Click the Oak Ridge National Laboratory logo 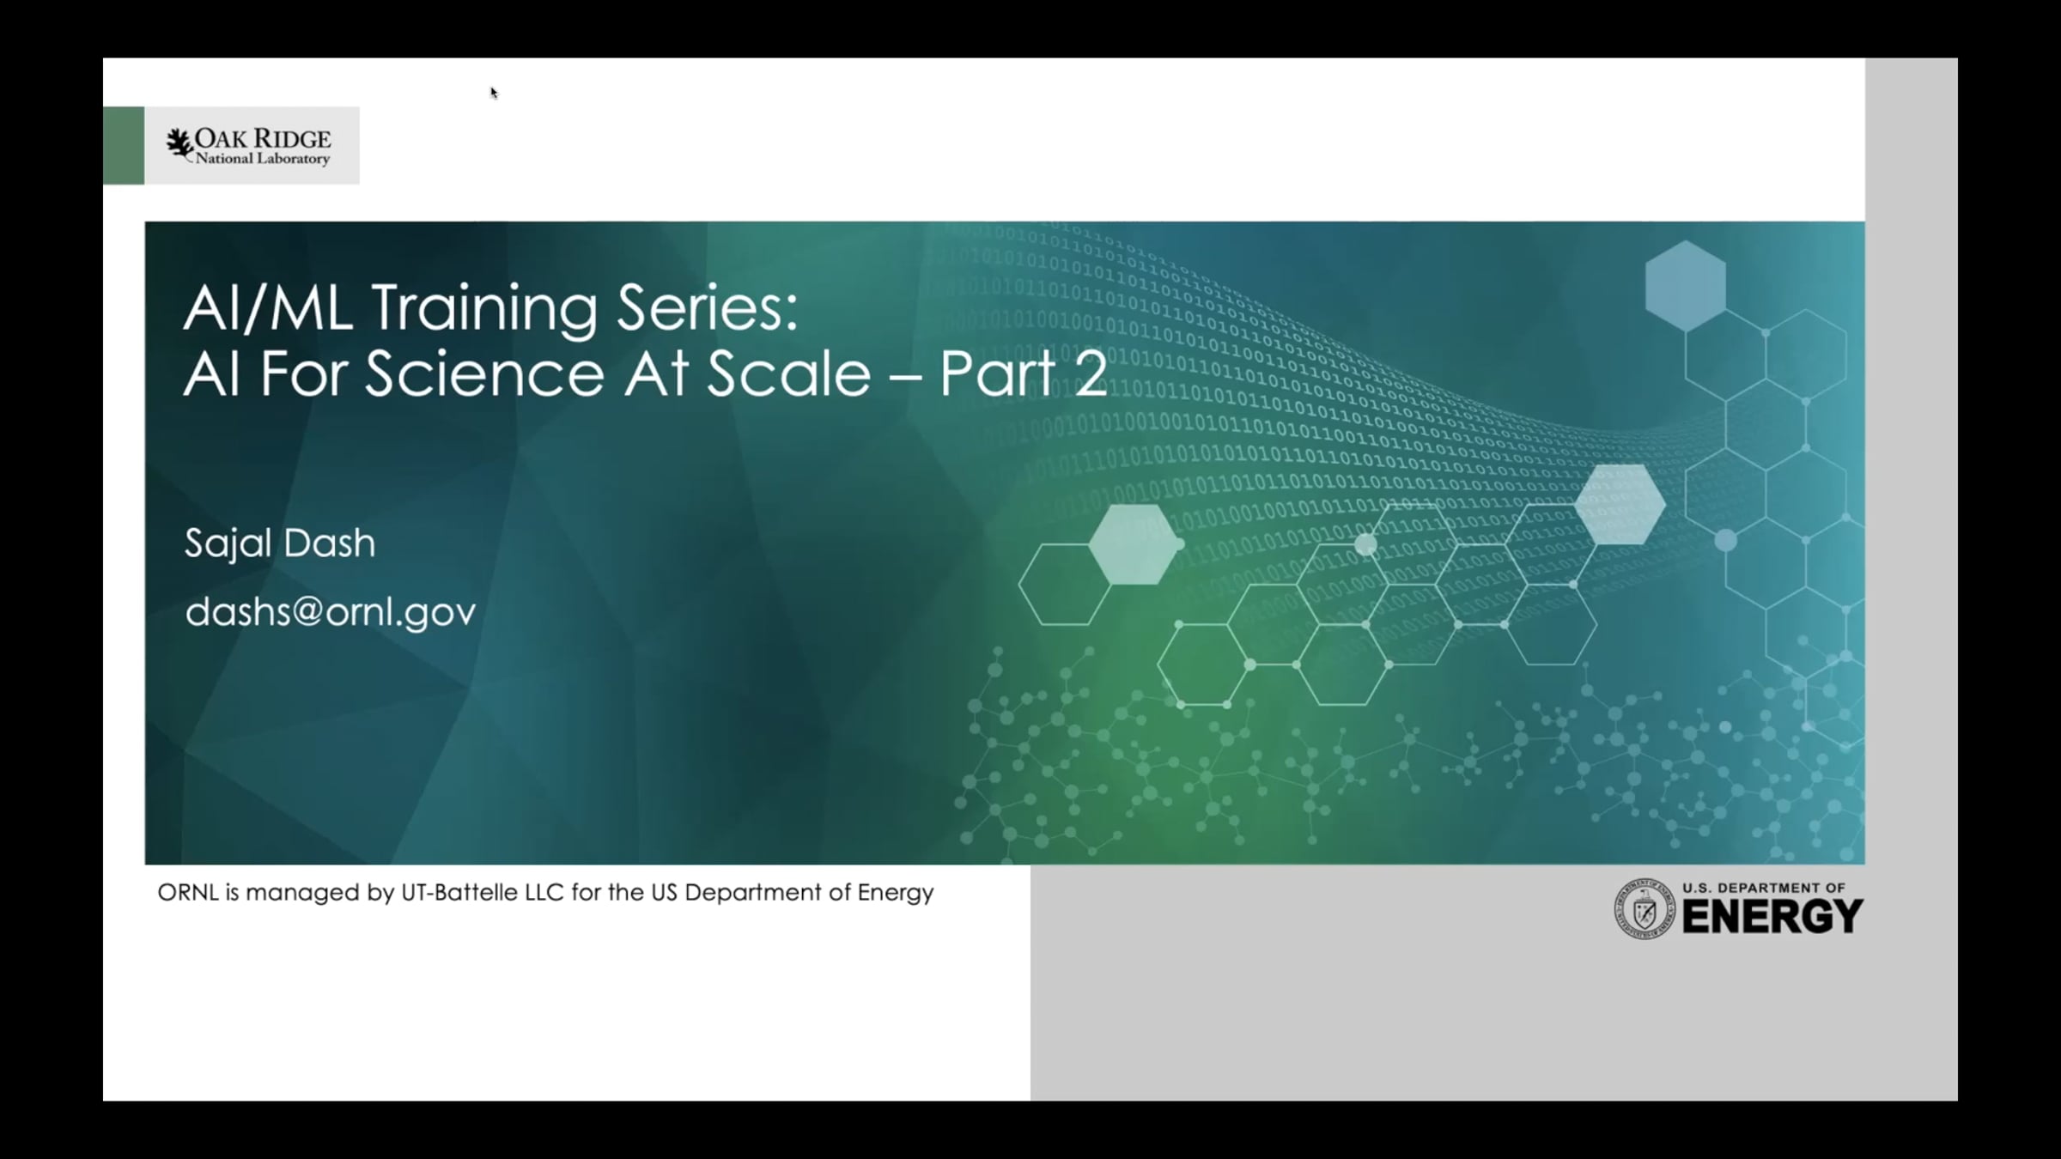(248, 146)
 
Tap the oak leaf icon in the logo (179, 144)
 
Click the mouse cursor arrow (494, 93)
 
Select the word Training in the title (484, 309)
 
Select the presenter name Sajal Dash (280, 543)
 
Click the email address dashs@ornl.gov (331, 612)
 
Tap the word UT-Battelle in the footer (458, 893)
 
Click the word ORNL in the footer (188, 893)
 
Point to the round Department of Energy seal (1645, 908)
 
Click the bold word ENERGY (1772, 916)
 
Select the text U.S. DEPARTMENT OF (1764, 888)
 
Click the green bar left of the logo (124, 146)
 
